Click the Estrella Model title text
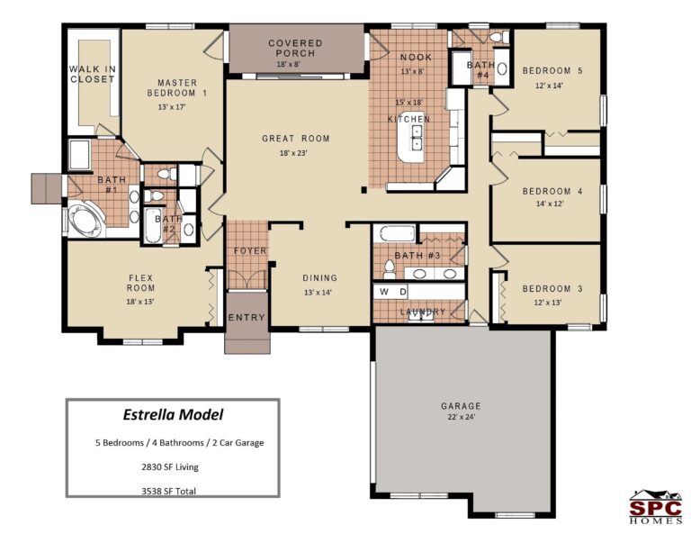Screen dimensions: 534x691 click(172, 415)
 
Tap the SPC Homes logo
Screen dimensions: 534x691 click(654, 505)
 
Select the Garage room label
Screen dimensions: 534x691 click(461, 406)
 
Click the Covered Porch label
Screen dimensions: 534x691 click(294, 49)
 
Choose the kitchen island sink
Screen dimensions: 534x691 click(417, 136)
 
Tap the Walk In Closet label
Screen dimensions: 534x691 click(92, 74)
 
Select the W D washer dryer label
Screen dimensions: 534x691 click(392, 292)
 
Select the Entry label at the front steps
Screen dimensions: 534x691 click(246, 318)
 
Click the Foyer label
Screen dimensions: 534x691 click(249, 250)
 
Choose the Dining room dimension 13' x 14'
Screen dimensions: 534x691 click(319, 293)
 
